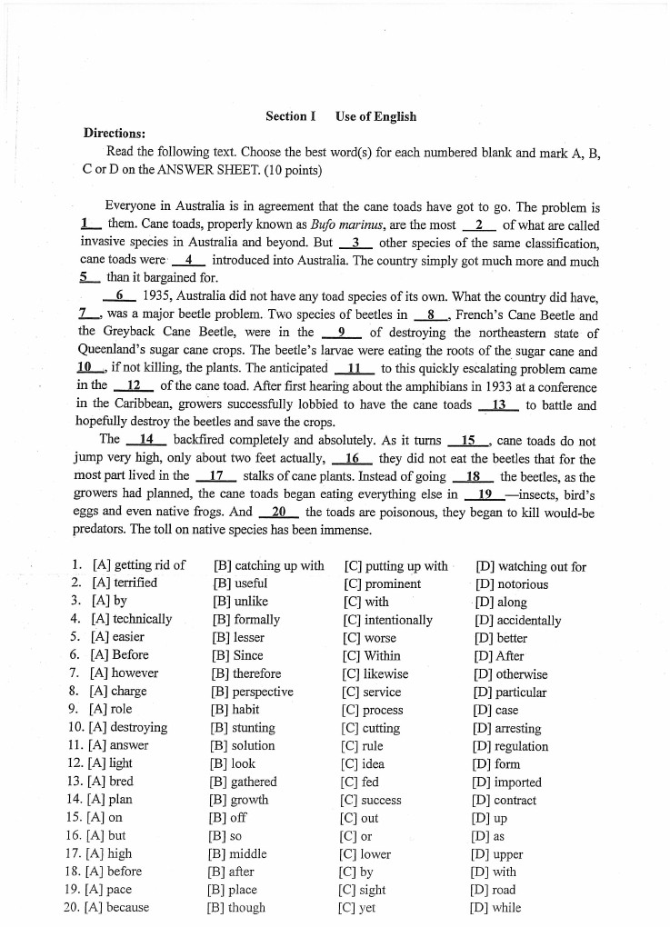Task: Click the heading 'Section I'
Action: pyautogui.click(x=290, y=116)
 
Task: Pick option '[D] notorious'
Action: pyautogui.click(x=512, y=583)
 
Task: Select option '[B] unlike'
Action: pyautogui.click(x=239, y=602)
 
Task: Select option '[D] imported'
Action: pyautogui.click(x=507, y=782)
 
